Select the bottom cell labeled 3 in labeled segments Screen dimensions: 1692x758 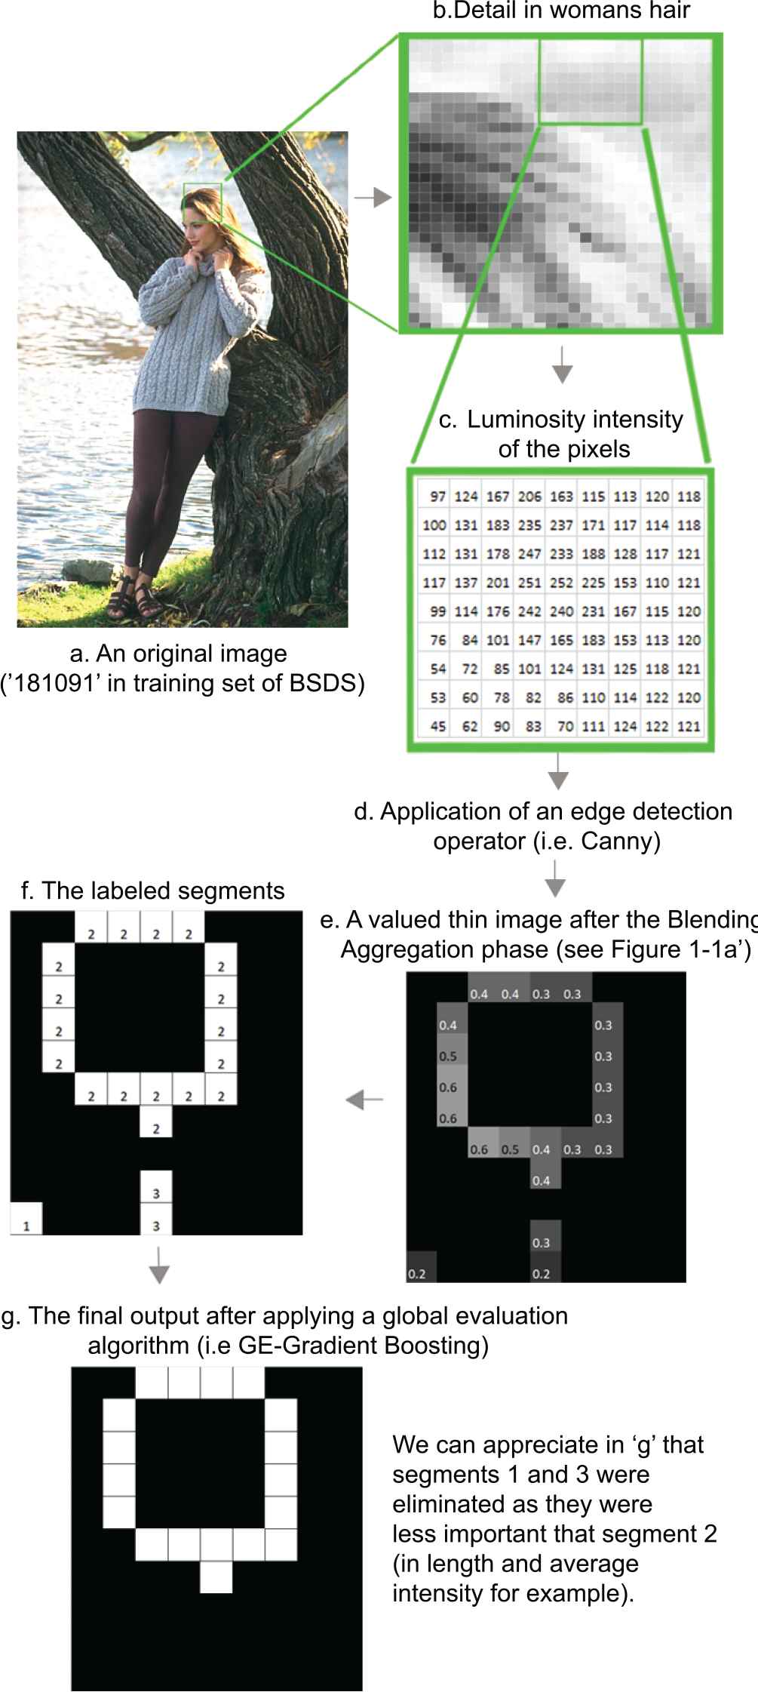(x=156, y=1220)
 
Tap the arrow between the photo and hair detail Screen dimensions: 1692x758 (x=373, y=198)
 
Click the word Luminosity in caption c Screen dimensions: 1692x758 (x=527, y=420)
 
